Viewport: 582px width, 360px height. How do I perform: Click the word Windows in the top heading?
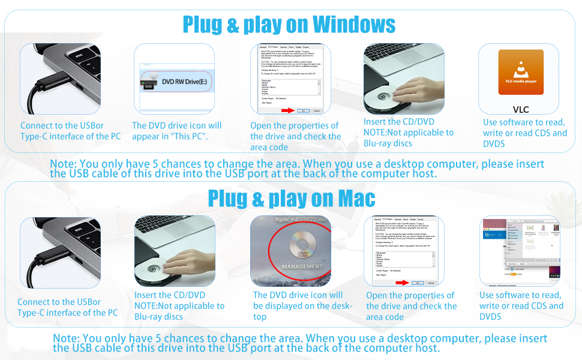(x=354, y=25)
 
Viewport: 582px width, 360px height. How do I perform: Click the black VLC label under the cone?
(x=521, y=110)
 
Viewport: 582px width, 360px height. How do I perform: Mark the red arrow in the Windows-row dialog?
(x=289, y=110)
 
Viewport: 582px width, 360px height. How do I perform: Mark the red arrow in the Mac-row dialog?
(x=401, y=283)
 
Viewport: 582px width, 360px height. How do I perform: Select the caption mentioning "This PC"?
(x=177, y=131)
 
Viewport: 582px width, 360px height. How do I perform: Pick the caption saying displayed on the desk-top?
(x=298, y=305)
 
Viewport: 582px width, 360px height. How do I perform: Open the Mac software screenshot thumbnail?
(x=520, y=251)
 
